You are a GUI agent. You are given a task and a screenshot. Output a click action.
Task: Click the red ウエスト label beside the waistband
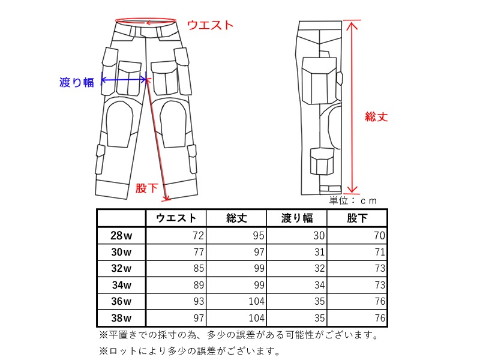[x=211, y=25]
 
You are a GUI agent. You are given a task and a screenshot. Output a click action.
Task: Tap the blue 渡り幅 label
[x=77, y=82]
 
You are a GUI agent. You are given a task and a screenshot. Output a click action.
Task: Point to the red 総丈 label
[x=376, y=116]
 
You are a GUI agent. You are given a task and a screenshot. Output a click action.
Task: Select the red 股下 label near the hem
[x=146, y=188]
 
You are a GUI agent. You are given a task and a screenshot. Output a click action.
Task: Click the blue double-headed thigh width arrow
[x=124, y=80]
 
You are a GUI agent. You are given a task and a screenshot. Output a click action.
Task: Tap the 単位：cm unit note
[x=353, y=200]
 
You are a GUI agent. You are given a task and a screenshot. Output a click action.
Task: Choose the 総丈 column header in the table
[x=236, y=218]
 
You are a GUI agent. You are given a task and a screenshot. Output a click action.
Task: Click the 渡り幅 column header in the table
[x=297, y=218]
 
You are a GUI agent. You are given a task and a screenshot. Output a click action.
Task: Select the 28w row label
[x=121, y=235]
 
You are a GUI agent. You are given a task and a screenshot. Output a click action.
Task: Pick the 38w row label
[x=121, y=318]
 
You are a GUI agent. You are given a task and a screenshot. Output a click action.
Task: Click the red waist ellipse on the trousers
[x=146, y=19]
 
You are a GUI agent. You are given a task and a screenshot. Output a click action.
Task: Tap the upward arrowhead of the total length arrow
[x=352, y=25]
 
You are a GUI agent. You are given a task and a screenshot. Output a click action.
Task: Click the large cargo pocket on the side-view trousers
[x=319, y=80]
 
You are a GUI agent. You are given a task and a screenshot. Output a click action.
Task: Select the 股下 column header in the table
[x=357, y=218]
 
